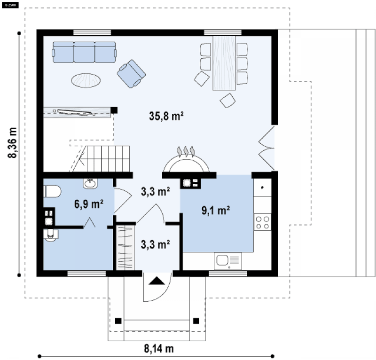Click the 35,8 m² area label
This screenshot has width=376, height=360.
(166, 116)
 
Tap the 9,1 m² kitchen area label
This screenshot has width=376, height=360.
(216, 211)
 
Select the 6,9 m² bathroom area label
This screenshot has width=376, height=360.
(89, 204)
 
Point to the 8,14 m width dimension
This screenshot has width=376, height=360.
(159, 349)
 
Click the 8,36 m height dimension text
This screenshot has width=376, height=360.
(12, 142)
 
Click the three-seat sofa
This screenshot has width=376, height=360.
(85, 52)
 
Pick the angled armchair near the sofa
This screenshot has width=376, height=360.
(131, 74)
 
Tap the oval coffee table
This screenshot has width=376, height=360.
(86, 80)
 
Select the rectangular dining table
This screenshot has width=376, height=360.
(224, 63)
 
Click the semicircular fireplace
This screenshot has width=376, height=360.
(186, 164)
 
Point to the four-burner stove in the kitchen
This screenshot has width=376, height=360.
(262, 222)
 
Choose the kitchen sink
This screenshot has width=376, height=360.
(228, 260)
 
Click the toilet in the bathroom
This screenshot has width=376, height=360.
(52, 191)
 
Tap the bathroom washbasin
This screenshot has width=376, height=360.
(90, 183)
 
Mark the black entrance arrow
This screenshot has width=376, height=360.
(157, 281)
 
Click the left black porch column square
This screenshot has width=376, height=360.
(118, 321)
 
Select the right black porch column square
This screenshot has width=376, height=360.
(196, 321)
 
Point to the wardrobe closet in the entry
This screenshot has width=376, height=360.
(125, 248)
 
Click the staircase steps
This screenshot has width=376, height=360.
(108, 159)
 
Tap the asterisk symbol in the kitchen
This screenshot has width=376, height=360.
(262, 188)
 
